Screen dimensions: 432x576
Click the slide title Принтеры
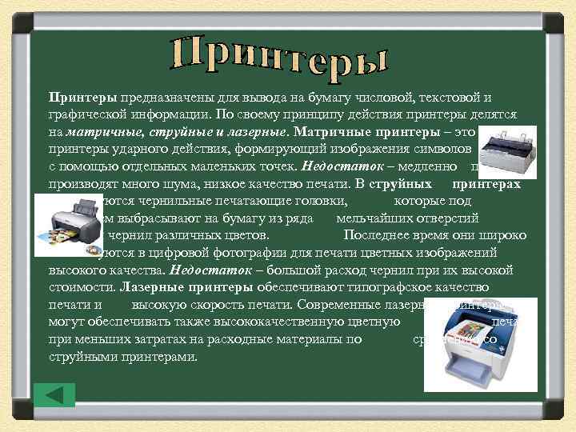click(x=279, y=54)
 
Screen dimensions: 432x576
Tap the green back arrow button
click(x=55, y=394)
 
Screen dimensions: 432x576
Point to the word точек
click(x=271, y=167)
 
